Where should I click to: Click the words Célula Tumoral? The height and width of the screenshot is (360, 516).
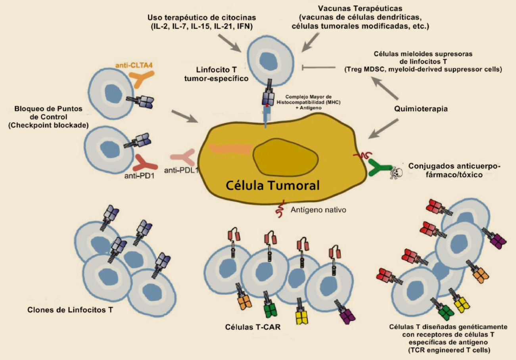click(x=272, y=185)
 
